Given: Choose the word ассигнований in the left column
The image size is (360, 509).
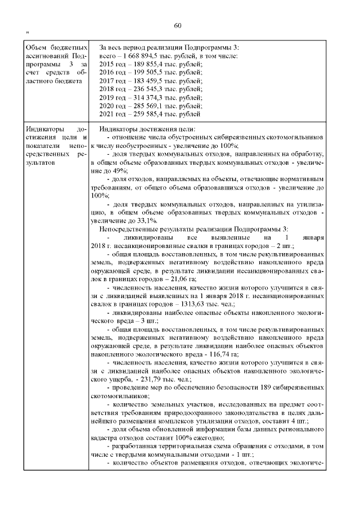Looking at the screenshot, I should tap(47, 56).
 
